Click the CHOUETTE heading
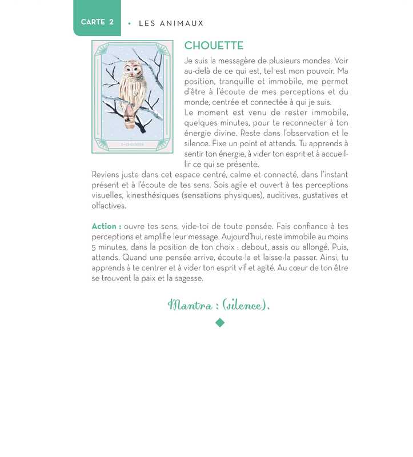(214, 46)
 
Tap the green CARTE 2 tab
(97, 22)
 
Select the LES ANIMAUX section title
(171, 23)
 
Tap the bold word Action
(106, 226)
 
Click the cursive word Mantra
(188, 305)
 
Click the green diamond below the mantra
(220, 323)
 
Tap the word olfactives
(109, 206)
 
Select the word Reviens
(106, 175)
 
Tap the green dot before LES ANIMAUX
(130, 23)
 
